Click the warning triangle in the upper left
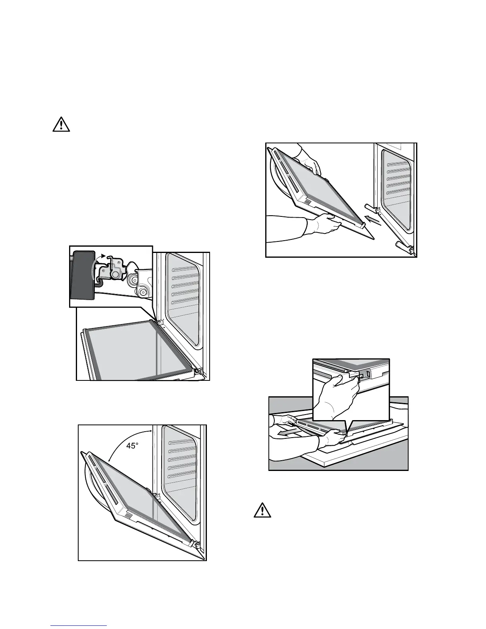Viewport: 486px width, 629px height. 61,125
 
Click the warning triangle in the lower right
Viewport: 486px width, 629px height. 262,510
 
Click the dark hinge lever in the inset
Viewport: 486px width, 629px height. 82,274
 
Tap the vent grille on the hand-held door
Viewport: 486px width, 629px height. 308,202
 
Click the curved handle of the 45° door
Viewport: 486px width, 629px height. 90,488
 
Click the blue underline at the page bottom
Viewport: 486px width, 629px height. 79,626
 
